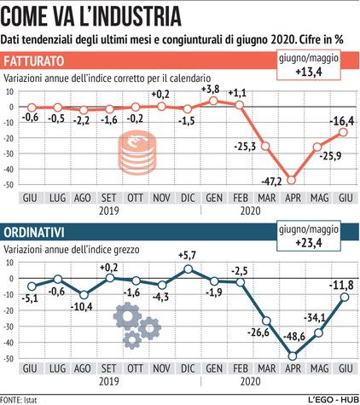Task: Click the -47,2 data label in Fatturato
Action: click(271, 181)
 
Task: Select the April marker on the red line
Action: click(291, 180)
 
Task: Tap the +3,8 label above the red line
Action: click(211, 90)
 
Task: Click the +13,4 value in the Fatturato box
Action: click(309, 72)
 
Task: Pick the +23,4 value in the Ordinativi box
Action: click(309, 243)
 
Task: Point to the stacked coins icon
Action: click(137, 153)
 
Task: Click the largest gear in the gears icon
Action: click(127, 315)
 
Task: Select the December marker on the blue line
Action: click(188, 269)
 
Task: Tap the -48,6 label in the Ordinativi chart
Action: click(294, 337)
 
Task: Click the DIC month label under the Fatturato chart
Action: click(188, 198)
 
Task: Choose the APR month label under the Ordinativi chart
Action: click(293, 368)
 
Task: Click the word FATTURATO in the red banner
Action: click(33, 61)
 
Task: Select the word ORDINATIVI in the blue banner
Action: click(33, 233)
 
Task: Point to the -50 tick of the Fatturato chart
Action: click(8, 185)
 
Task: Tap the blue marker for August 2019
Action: click(84, 295)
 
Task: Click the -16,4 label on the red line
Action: click(342, 121)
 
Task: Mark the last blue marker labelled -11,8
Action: click(345, 298)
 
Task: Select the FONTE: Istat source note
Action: click(19, 400)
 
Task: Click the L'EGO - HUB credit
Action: click(334, 400)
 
